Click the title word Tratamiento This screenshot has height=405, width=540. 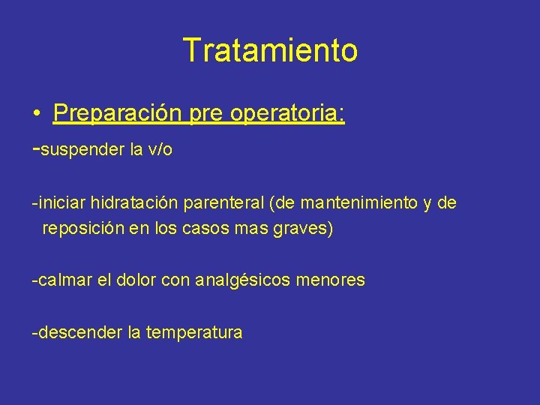[270, 50]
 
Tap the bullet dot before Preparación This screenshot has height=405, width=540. [36, 115]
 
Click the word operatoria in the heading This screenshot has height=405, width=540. [287, 114]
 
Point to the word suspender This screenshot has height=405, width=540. [82, 149]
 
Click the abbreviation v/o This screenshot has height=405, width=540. [160, 149]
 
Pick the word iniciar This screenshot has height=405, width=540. [61, 202]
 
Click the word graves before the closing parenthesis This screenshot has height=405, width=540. [299, 228]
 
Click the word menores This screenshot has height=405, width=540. [331, 280]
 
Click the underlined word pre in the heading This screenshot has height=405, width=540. [206, 114]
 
